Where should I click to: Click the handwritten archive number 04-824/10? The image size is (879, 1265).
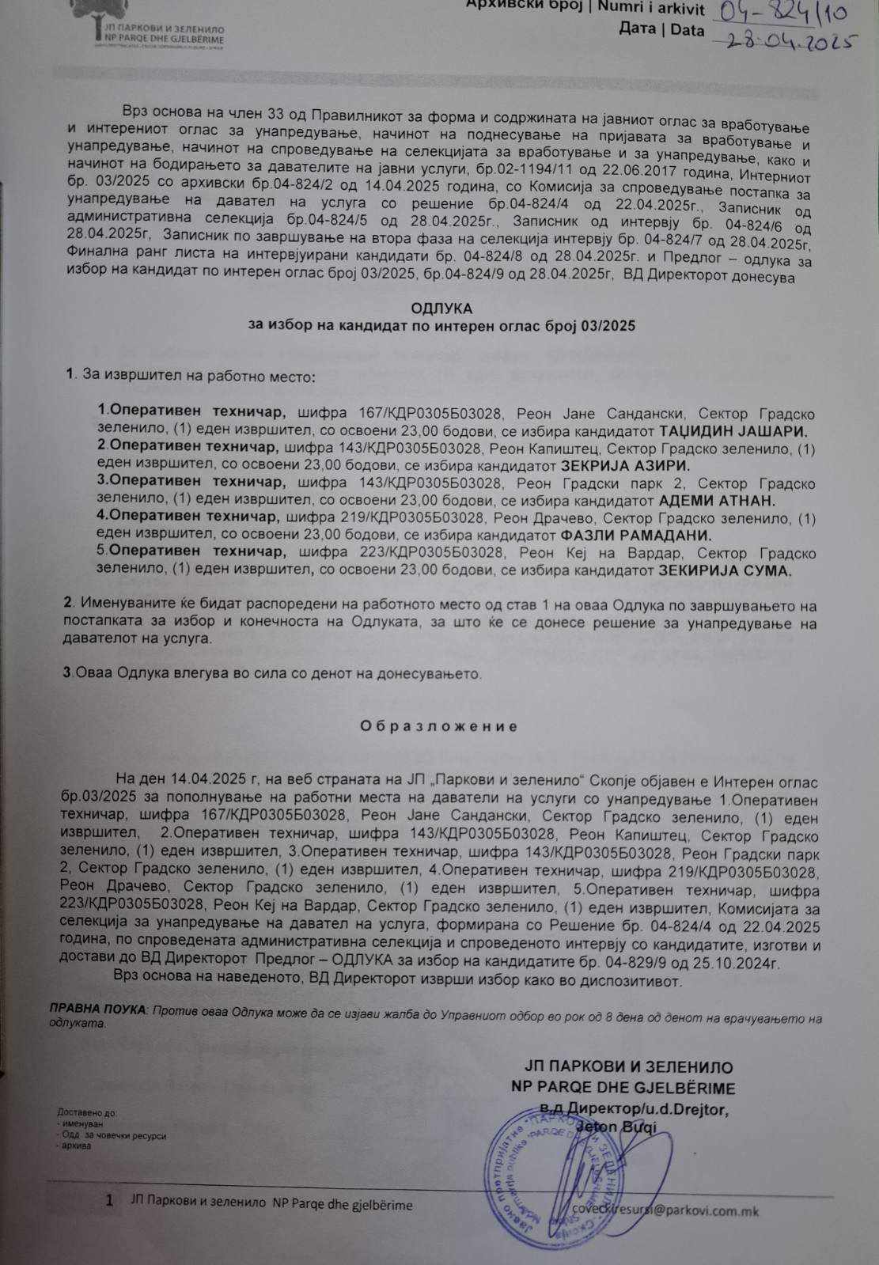[779, 12]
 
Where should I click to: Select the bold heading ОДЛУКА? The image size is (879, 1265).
[441, 309]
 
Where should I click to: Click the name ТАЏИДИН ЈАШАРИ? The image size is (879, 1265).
[733, 431]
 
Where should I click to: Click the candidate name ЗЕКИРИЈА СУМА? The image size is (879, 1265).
[726, 570]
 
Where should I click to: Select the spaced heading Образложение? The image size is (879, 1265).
[439, 726]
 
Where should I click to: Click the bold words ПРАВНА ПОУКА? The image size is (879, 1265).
[97, 1010]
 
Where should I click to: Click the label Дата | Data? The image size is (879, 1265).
[661, 30]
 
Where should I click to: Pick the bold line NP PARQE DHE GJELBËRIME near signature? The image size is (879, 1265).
[623, 1088]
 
